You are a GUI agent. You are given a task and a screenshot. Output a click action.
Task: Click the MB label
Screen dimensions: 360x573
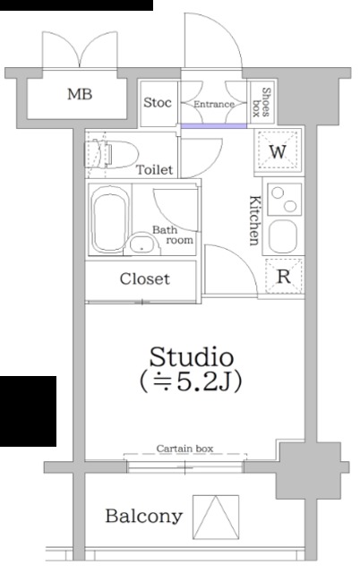(80, 94)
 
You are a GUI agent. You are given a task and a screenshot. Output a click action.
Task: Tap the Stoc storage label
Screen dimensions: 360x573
(157, 103)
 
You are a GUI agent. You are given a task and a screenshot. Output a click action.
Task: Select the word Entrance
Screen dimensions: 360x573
(214, 104)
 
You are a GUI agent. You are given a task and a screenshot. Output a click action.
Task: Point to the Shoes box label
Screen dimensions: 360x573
(261, 102)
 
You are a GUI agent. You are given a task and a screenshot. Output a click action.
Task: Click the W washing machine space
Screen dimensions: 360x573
(279, 151)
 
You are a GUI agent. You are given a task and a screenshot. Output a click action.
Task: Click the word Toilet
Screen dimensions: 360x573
(154, 169)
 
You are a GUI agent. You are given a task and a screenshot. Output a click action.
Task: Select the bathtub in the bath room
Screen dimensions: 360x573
(109, 219)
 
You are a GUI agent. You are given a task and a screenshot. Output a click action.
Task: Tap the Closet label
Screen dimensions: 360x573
(144, 278)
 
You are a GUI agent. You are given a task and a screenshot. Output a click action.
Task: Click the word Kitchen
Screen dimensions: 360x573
(255, 220)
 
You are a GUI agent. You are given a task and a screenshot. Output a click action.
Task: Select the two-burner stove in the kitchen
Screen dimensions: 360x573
(285, 200)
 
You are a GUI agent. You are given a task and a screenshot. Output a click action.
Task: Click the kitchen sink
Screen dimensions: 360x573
(283, 236)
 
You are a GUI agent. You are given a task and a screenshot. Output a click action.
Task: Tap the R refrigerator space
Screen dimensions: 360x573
(285, 277)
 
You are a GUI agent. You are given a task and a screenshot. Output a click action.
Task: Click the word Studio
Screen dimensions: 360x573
(192, 357)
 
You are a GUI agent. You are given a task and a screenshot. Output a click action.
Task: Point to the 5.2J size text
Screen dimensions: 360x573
(204, 381)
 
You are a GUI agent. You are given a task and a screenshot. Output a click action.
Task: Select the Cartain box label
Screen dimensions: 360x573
(184, 449)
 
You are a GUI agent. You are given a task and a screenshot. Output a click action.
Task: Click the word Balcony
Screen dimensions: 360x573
(144, 517)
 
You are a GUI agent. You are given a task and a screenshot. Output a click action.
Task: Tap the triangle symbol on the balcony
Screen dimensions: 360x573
(216, 517)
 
